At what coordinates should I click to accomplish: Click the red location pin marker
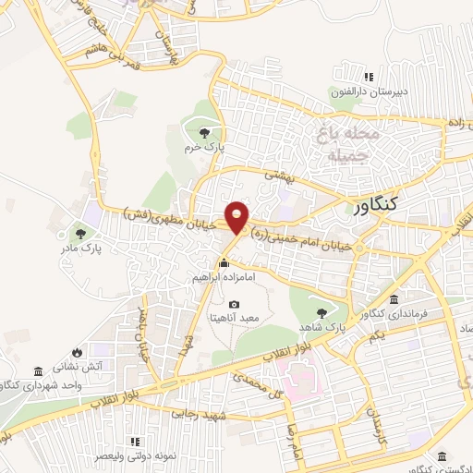[237, 216]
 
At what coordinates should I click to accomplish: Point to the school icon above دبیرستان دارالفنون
[369, 77]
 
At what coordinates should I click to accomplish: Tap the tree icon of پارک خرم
[204, 132]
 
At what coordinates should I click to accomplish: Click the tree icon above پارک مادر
[80, 232]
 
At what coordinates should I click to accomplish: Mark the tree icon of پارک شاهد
[321, 312]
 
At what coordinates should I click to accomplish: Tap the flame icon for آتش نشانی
[75, 352]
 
